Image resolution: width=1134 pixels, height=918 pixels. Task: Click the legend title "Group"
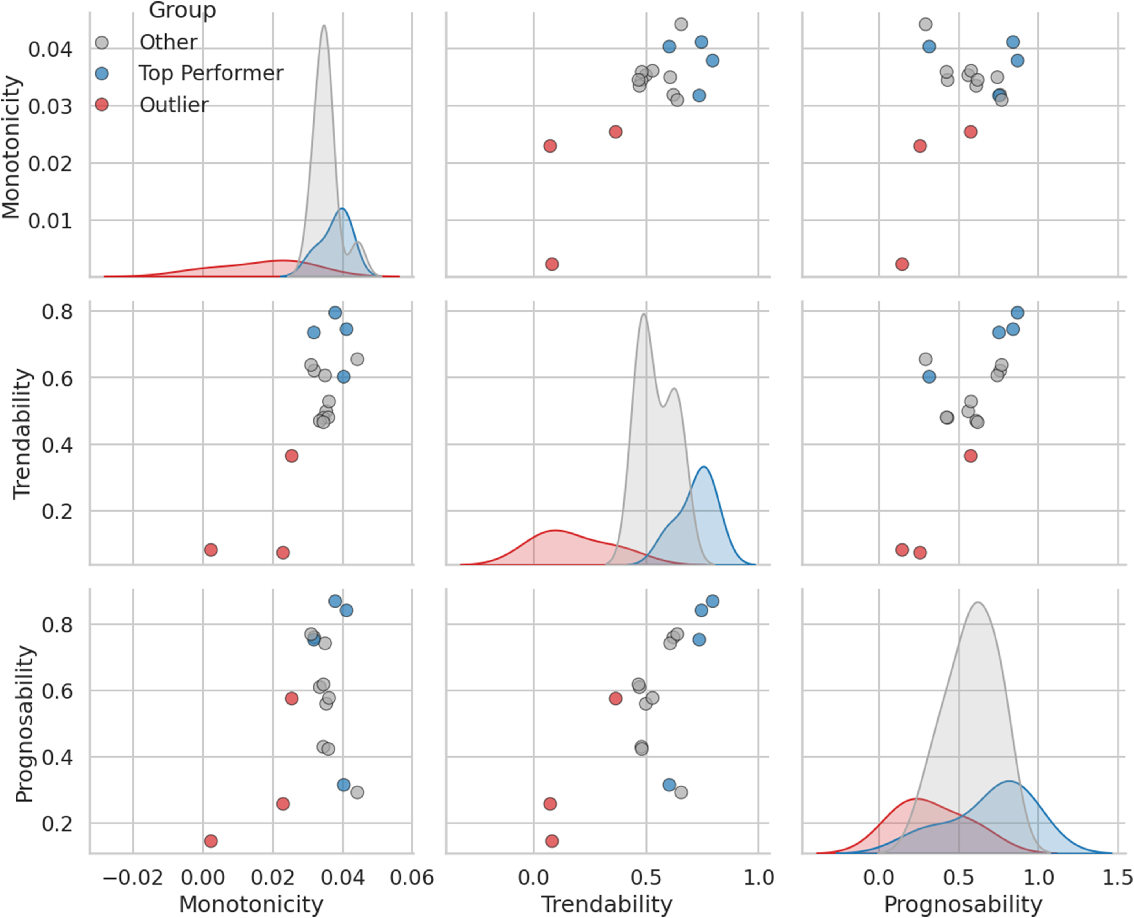pos(183,10)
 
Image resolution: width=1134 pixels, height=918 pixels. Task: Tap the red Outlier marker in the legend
pos(101,105)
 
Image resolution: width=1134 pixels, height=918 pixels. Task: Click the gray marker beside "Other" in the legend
pos(101,42)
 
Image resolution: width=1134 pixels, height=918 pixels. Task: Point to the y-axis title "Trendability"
pos(22,434)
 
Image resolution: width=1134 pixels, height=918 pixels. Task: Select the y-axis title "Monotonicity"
pos(12,147)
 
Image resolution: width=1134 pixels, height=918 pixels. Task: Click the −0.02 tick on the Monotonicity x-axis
pos(133,878)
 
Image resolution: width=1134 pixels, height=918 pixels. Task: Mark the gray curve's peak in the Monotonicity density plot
pos(324,25)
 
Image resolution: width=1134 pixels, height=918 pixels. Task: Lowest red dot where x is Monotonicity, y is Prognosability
pos(211,841)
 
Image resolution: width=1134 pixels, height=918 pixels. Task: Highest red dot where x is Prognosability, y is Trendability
pos(970,456)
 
